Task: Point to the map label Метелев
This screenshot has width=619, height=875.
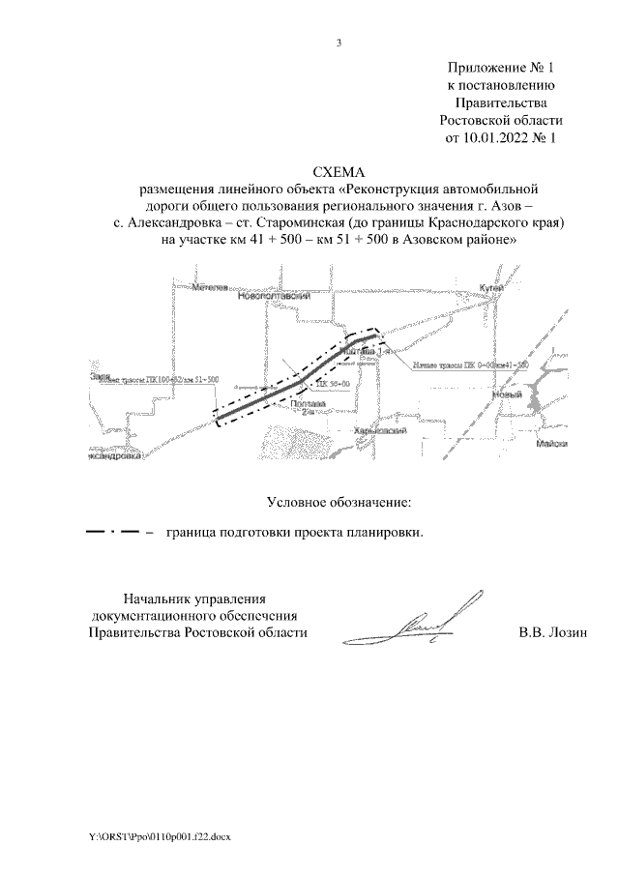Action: [209, 287]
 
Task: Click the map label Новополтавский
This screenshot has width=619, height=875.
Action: [274, 297]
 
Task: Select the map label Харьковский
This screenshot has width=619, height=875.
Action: [378, 431]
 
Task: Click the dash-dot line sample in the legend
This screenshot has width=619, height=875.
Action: [115, 532]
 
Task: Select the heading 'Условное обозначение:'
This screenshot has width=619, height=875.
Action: [339, 502]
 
